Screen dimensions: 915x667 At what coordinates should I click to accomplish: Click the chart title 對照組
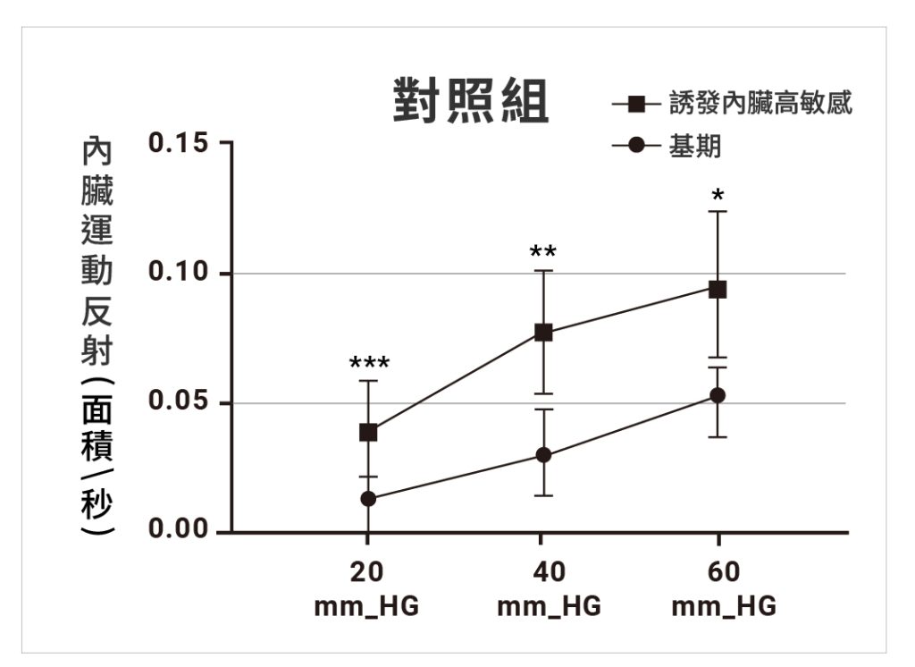pos(470,100)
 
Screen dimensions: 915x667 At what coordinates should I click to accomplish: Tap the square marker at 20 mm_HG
pos(368,433)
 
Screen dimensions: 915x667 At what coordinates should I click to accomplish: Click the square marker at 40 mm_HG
pos(543,333)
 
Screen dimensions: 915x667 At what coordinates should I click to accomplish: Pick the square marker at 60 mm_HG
pos(718,289)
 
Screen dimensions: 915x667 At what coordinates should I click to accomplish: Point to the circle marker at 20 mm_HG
pos(368,499)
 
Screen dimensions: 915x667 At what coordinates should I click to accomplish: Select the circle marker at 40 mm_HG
pos(543,455)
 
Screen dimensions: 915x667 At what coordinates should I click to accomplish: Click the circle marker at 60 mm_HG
pos(718,395)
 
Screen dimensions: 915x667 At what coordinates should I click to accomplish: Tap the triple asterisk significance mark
pos(369,363)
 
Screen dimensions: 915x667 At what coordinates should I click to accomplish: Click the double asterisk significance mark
pos(543,252)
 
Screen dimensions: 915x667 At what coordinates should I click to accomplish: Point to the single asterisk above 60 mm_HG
pos(718,195)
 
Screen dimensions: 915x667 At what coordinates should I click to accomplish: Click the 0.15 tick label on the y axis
pos(178,142)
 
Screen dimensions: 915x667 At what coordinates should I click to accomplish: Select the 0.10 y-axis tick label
pos(178,271)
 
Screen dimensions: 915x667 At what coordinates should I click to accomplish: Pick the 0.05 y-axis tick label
pos(178,401)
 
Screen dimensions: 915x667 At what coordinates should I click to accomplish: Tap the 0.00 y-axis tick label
pos(178,528)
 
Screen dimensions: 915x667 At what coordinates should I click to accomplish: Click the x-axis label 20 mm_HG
pos(366,589)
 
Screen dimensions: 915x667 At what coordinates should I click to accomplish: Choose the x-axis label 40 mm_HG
pos(550,589)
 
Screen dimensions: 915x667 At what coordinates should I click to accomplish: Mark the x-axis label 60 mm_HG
pos(724,589)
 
